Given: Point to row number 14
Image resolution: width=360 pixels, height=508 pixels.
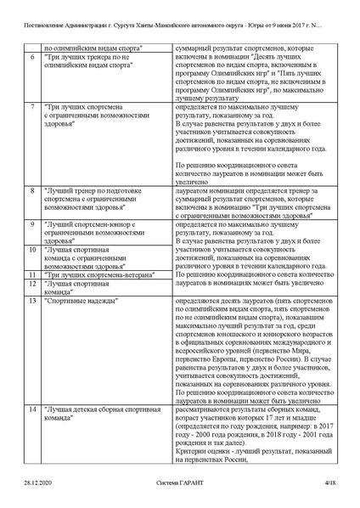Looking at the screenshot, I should point(32,409).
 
